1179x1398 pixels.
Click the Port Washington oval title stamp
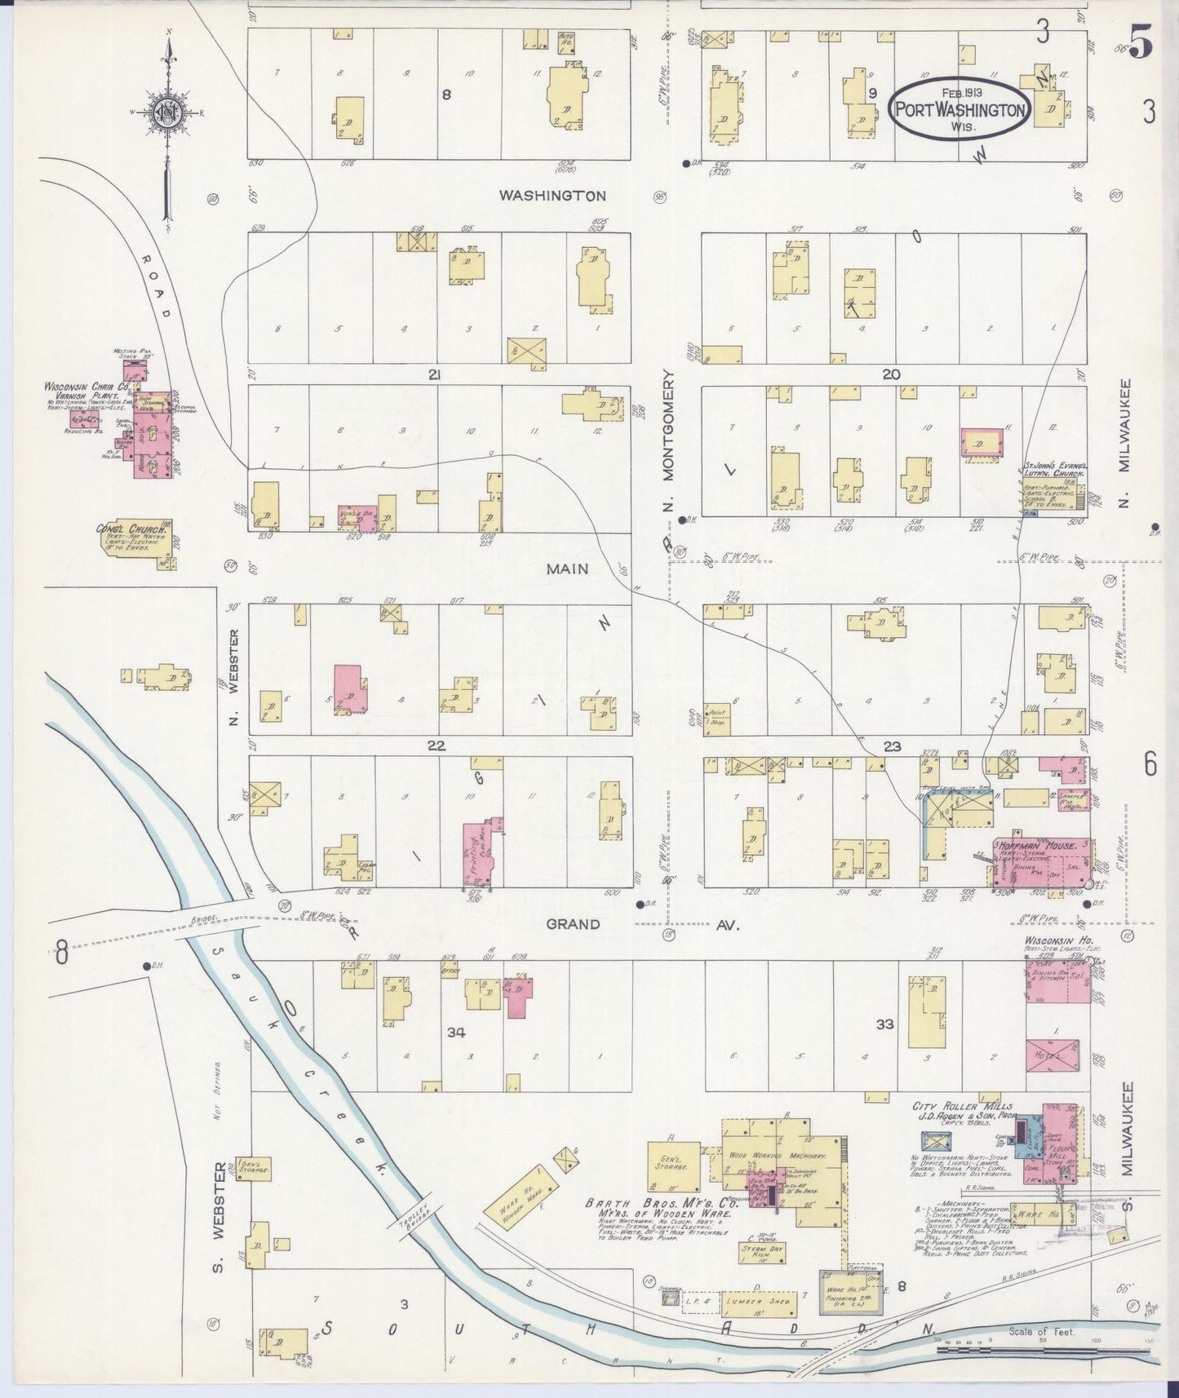click(960, 109)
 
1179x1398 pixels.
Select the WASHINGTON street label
click(552, 196)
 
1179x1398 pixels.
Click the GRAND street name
click(573, 924)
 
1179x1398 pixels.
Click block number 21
click(434, 374)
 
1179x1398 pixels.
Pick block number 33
click(885, 1024)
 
